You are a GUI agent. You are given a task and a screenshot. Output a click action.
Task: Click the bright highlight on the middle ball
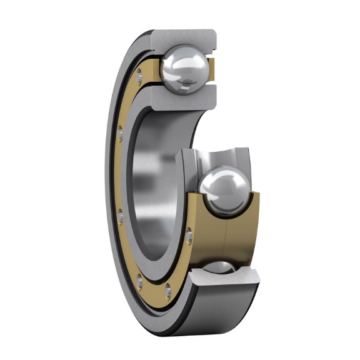[x=216, y=181]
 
